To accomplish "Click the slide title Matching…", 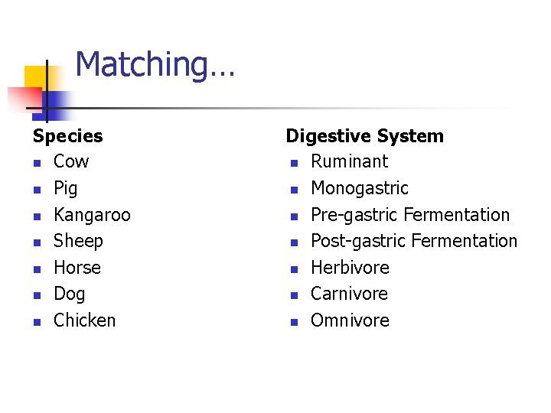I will click(155, 64).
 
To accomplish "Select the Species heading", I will click(67, 136).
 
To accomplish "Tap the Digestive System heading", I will click(364, 136).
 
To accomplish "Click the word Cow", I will click(71, 161).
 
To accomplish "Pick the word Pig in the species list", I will click(66, 188).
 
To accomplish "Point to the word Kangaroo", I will click(92, 215).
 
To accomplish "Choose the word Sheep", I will click(78, 241).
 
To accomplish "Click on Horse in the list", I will click(77, 268).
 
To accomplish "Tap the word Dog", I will click(70, 294).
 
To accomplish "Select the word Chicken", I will click(84, 320).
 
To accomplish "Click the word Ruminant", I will click(349, 161).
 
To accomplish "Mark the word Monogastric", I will click(359, 188).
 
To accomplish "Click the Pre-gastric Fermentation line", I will click(409, 215).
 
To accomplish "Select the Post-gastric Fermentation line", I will click(413, 241).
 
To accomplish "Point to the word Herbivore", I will click(350, 268).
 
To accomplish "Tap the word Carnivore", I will click(349, 294).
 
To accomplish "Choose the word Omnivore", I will click(350, 320).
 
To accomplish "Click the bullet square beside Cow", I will click(36, 163).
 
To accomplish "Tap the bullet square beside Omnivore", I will click(293, 322).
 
